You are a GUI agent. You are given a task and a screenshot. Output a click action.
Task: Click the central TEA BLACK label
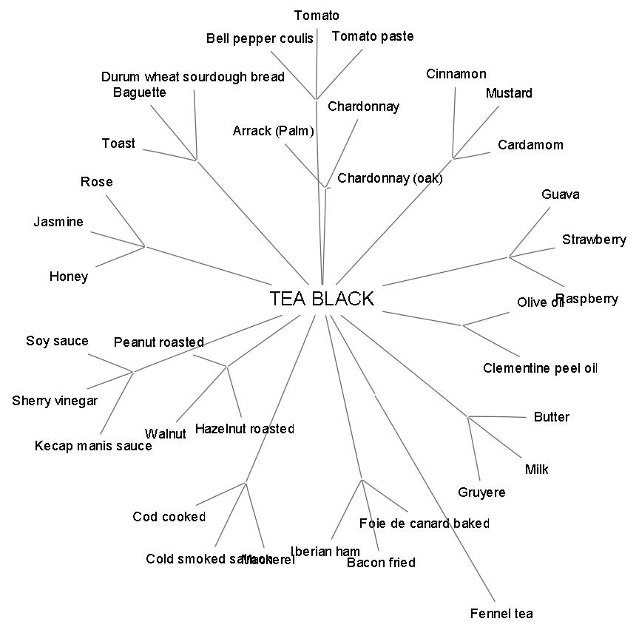coord(322,299)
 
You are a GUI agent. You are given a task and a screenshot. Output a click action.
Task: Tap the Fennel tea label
coord(501,613)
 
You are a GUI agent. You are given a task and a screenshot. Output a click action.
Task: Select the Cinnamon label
coord(456,74)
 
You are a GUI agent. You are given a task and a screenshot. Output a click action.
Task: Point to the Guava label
coord(560,194)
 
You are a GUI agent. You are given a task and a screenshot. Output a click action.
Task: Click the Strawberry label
coord(593,240)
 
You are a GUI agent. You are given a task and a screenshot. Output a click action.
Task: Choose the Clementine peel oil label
coord(540,368)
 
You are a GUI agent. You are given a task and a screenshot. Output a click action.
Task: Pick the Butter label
coord(551,417)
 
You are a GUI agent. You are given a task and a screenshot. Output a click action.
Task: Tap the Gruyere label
coord(481,492)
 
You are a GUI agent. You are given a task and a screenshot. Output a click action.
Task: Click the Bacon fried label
coord(381,563)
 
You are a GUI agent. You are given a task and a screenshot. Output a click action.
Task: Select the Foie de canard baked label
coord(424,524)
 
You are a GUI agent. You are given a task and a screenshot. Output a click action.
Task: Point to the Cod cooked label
coord(169,517)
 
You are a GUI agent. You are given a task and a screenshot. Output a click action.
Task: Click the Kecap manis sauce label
coord(93,446)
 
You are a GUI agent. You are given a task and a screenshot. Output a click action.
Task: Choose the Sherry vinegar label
coord(55,401)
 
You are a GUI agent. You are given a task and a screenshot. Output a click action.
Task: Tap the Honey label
coord(69,277)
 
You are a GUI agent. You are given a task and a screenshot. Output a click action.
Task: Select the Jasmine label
coord(58,222)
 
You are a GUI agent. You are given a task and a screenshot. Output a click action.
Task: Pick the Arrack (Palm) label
coord(273,131)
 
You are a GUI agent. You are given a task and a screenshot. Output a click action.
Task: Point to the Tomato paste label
coord(373,36)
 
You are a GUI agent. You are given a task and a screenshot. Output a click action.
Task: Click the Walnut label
coord(166,434)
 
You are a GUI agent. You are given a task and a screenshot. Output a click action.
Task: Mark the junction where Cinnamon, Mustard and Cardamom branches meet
coord(453,158)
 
